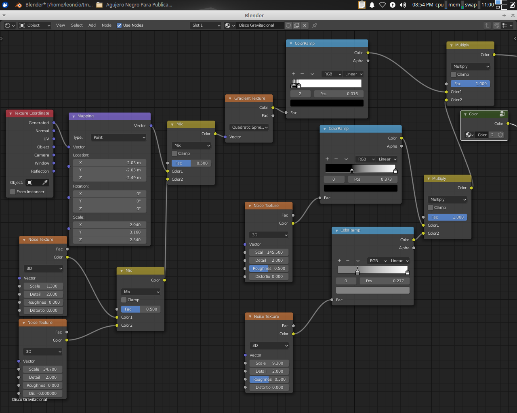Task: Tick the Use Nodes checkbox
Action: click(119, 25)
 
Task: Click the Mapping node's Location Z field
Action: click(109, 177)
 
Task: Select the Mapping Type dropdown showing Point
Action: click(119, 137)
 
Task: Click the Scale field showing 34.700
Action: click(42, 369)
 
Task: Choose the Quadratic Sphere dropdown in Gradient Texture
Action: click(249, 127)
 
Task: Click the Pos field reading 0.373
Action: click(373, 179)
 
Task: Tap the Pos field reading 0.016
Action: click(339, 94)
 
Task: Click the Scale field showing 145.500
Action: click(269, 252)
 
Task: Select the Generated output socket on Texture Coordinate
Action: click(54, 123)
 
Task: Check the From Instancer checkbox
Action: click(13, 192)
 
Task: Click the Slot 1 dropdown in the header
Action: click(206, 25)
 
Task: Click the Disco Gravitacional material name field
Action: click(260, 25)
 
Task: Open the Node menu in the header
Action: click(106, 25)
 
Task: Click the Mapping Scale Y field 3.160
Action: click(109, 232)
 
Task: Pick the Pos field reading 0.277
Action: click(385, 281)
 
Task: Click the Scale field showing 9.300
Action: click(269, 363)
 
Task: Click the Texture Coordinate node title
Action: click(32, 113)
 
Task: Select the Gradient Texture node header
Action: click(249, 98)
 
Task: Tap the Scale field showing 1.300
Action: click(43, 286)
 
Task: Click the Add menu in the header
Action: click(92, 25)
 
